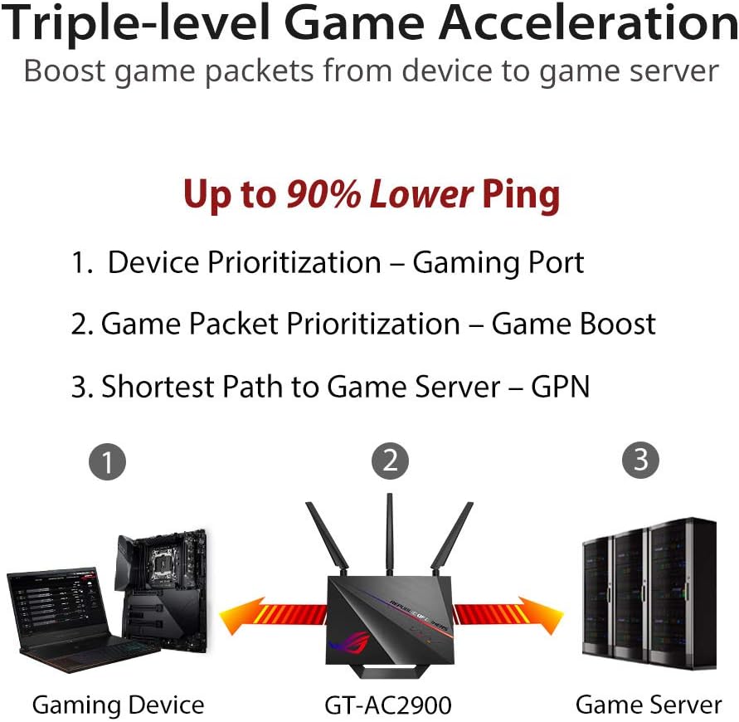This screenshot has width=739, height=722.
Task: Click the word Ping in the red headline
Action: coord(523,194)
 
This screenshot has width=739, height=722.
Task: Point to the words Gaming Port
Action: coord(498,262)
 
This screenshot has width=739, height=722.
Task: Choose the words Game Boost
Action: coord(573,324)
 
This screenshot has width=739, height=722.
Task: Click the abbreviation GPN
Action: coord(560,386)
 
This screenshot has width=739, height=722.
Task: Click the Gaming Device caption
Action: coord(118,705)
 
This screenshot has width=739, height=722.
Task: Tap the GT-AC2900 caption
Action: coord(388,705)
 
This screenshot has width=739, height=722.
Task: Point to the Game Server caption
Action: coord(649,705)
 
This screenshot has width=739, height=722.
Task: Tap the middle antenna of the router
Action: coord(388,531)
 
